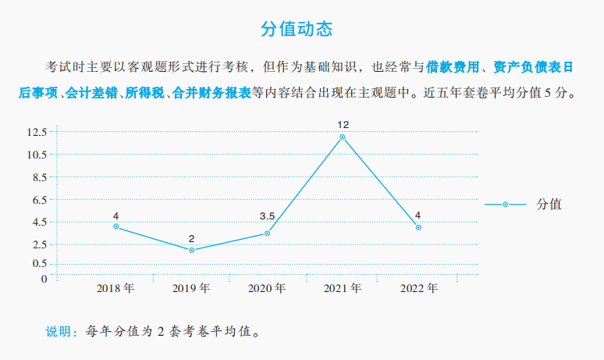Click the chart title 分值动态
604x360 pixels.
(x=297, y=30)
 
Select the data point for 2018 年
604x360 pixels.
(x=115, y=226)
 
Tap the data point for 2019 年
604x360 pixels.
(x=191, y=250)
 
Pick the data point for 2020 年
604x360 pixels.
(x=267, y=233)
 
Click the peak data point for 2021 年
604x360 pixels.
(x=343, y=137)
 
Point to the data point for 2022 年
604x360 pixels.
(x=418, y=227)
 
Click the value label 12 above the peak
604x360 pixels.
(x=343, y=125)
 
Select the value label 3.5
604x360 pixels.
(x=267, y=216)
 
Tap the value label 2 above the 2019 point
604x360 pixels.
(x=191, y=238)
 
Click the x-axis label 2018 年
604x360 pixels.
(x=115, y=288)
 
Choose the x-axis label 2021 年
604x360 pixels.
(x=343, y=288)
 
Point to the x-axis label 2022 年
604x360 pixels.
(x=418, y=288)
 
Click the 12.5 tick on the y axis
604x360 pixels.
(x=37, y=132)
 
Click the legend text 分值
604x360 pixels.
(x=549, y=205)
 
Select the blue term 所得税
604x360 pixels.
(x=144, y=92)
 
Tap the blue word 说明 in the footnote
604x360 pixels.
(x=62, y=331)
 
